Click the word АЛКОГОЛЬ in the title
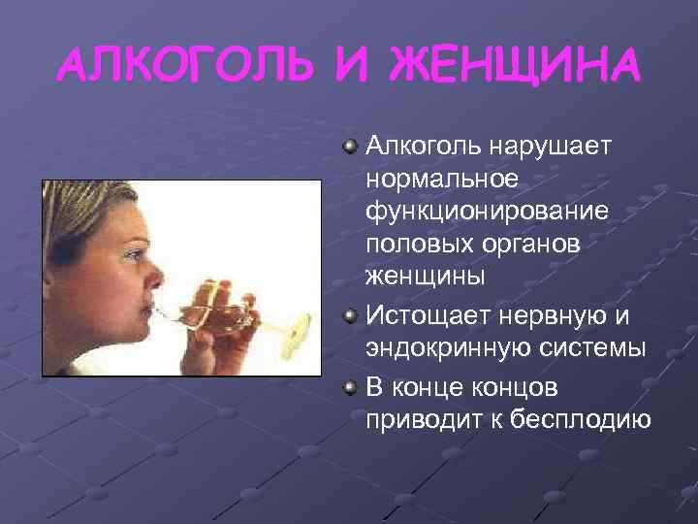185,65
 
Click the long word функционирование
487,211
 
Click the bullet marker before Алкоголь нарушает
349,147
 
